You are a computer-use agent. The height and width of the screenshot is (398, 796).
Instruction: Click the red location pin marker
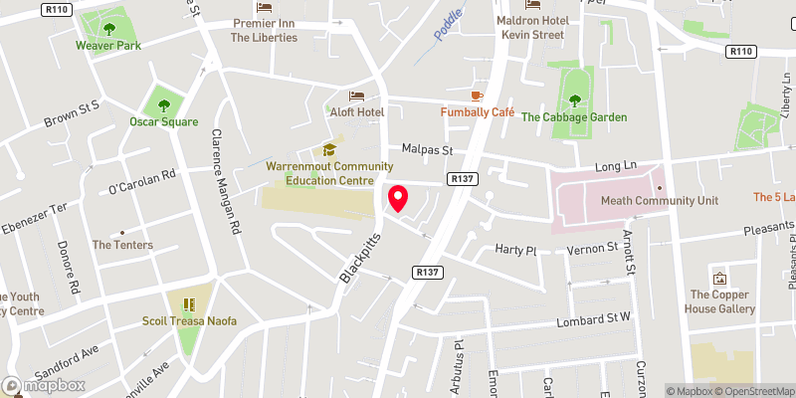point(397,197)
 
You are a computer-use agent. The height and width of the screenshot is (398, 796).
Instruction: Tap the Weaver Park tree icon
point(109,25)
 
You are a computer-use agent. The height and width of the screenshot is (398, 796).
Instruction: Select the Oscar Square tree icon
point(159,102)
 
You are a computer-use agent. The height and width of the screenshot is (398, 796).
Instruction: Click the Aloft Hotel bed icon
point(356,97)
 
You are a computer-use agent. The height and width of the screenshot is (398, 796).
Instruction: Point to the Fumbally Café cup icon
point(478,96)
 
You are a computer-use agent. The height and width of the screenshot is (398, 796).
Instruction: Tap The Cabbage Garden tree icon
point(574,99)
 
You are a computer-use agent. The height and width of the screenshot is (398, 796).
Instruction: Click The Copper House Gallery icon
point(719,277)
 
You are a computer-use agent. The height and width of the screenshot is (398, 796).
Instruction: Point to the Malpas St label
point(427,149)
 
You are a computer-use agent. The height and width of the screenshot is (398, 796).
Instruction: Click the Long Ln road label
point(614,166)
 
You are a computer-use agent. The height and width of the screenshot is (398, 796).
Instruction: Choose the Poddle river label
point(449,24)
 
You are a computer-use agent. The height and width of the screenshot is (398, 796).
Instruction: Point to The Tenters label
point(122,245)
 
